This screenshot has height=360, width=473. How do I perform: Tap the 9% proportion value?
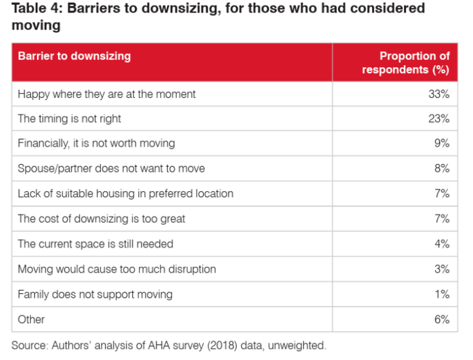coord(442,144)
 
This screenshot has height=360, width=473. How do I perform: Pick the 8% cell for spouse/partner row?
coord(442,168)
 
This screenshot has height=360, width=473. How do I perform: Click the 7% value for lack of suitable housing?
coord(442,194)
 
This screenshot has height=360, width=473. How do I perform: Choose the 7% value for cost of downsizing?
coord(442,219)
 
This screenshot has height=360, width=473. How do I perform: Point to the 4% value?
coord(442,244)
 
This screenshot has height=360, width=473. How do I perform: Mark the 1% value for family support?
coord(442,295)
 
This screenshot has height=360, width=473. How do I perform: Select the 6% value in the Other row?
coord(442,319)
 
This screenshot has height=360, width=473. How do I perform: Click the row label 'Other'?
coord(31,319)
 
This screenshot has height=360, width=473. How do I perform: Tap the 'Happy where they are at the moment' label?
coord(107,94)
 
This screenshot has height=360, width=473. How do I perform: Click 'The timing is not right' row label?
coord(70,119)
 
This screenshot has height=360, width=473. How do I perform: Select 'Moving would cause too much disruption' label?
coord(116,269)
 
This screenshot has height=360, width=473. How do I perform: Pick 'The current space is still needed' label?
coord(95,244)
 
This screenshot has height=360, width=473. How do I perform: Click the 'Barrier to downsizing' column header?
coord(75,56)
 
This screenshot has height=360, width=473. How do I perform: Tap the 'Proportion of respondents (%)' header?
coord(406,63)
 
